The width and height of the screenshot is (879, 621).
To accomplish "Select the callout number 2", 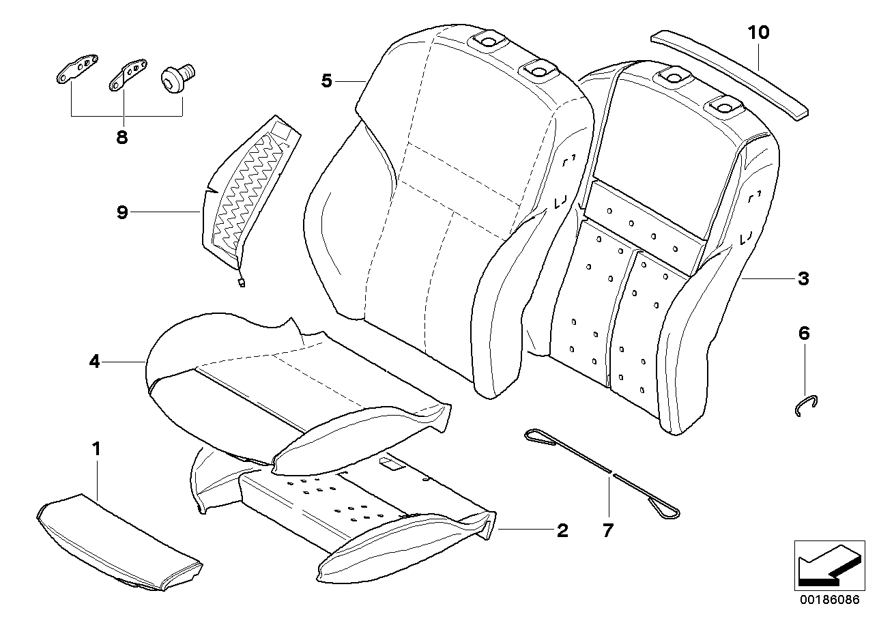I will (562, 530).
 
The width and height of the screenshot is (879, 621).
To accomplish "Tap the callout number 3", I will (803, 278).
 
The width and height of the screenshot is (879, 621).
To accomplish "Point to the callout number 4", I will (94, 362).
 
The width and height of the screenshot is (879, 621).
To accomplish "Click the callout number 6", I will (803, 334).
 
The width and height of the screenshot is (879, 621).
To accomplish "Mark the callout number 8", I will (121, 137).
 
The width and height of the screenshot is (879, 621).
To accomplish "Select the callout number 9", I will (121, 212).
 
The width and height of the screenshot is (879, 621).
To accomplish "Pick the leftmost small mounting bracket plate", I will (75, 70).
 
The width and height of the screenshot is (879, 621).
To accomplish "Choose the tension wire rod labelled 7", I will (601, 471).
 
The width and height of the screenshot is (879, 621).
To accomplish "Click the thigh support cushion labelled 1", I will (116, 539).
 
